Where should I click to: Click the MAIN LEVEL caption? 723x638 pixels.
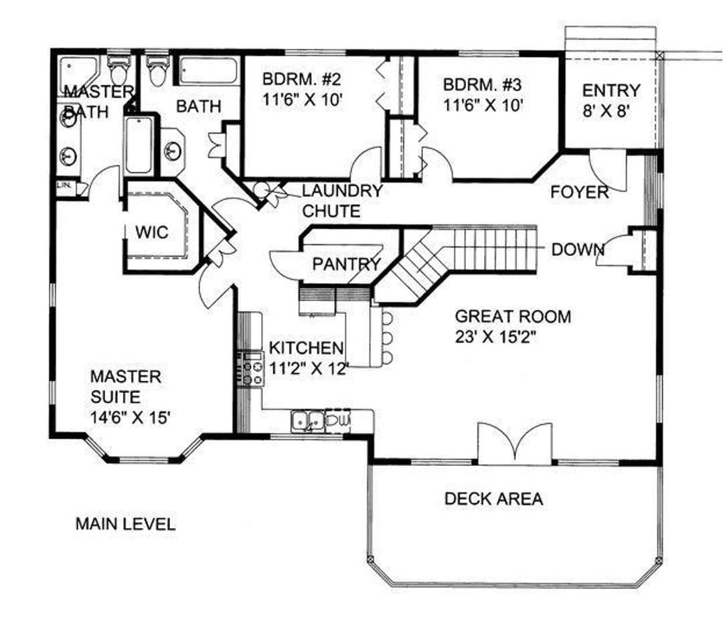(125, 524)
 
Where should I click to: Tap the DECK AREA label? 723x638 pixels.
(493, 499)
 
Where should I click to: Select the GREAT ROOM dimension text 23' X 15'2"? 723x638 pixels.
(495, 337)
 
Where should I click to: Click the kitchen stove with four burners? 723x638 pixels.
(251, 368)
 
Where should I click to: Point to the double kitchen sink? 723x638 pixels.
(307, 421)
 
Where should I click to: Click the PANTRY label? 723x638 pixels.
(346, 264)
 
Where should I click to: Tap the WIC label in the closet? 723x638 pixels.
(152, 232)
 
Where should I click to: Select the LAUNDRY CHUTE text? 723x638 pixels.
(342, 201)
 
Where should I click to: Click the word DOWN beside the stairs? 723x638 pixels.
(578, 250)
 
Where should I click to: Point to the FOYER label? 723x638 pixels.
(580, 192)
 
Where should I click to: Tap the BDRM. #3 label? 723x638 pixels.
(482, 85)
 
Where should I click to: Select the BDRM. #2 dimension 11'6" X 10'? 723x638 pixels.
(303, 100)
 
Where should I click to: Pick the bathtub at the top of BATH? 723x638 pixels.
(208, 70)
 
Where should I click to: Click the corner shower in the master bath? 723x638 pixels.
(78, 74)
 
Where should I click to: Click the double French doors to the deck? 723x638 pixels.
(515, 443)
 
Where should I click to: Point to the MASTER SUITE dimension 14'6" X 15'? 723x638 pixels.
(131, 418)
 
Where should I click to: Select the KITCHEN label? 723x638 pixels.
(306, 347)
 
